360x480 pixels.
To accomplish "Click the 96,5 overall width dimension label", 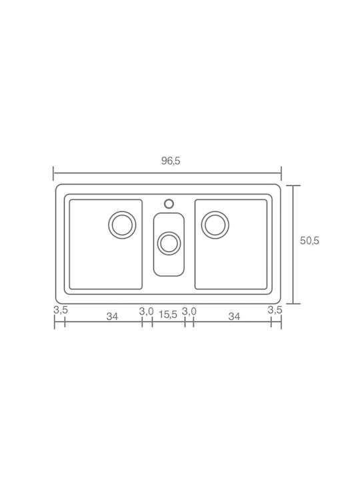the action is coord(171,161).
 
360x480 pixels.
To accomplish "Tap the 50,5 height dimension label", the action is coord(309,241).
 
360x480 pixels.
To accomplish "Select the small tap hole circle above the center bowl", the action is coord(169,203).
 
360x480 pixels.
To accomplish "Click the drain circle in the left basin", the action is coord(122,225).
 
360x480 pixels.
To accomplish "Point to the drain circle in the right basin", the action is coord(215,225).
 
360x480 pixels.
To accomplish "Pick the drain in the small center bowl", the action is coord(169,243).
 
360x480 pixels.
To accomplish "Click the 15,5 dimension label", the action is coord(168,315).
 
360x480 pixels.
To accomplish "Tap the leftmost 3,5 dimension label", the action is coord(61,310).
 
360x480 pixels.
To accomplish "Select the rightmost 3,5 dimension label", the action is coord(275,310).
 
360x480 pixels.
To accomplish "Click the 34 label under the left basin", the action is coord(112,317).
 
